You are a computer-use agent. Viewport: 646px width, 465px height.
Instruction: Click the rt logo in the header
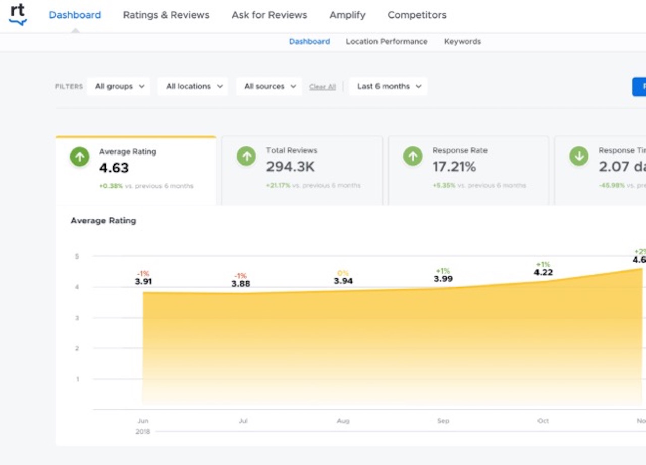click(x=18, y=14)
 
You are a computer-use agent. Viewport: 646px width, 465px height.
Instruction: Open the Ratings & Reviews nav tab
click(x=166, y=15)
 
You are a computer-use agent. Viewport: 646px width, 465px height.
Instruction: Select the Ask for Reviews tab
click(x=269, y=15)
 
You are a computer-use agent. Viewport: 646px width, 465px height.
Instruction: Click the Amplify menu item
click(x=347, y=15)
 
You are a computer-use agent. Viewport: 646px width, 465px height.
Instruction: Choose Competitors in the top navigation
click(x=417, y=15)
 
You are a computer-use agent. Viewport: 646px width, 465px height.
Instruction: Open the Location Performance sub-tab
click(x=387, y=42)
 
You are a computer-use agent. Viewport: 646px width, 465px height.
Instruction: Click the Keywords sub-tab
click(x=462, y=42)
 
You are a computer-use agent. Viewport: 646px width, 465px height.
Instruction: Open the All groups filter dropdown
click(x=119, y=86)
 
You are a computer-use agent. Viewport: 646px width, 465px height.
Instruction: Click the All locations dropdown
click(x=194, y=86)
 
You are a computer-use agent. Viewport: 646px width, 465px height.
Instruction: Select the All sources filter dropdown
click(x=270, y=86)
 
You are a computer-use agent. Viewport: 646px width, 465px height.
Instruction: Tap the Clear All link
click(x=322, y=87)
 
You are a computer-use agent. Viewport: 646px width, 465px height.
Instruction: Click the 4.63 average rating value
click(x=114, y=168)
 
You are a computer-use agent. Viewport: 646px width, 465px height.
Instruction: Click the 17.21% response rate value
click(x=454, y=167)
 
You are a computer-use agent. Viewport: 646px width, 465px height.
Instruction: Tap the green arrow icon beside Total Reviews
click(x=246, y=157)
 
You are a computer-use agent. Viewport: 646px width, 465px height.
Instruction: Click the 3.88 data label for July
click(x=241, y=284)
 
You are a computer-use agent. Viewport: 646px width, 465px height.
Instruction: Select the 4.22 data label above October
click(x=544, y=272)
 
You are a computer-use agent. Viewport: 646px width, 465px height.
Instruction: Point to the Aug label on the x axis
click(x=343, y=421)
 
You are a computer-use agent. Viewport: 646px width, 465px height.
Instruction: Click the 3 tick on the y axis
click(x=77, y=318)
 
